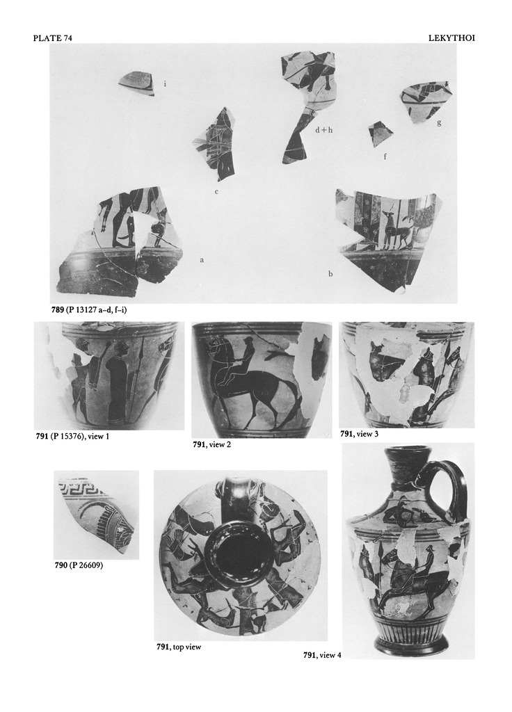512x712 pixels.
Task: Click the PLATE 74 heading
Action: [52, 38]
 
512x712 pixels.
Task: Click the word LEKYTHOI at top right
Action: [451, 38]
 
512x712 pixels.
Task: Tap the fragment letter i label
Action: [165, 83]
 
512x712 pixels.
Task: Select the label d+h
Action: [324, 130]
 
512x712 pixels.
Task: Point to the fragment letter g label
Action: [439, 122]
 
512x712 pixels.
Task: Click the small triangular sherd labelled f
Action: [379, 133]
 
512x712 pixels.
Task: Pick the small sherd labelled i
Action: [137, 83]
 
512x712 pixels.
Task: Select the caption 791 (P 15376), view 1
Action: [72, 437]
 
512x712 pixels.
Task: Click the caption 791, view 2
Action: [211, 444]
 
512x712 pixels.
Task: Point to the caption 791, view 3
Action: [359, 434]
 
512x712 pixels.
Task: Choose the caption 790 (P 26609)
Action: [79, 565]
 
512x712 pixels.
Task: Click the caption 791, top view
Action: [179, 647]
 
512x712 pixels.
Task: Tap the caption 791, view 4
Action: [322, 655]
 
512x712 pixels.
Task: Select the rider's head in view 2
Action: [246, 343]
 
